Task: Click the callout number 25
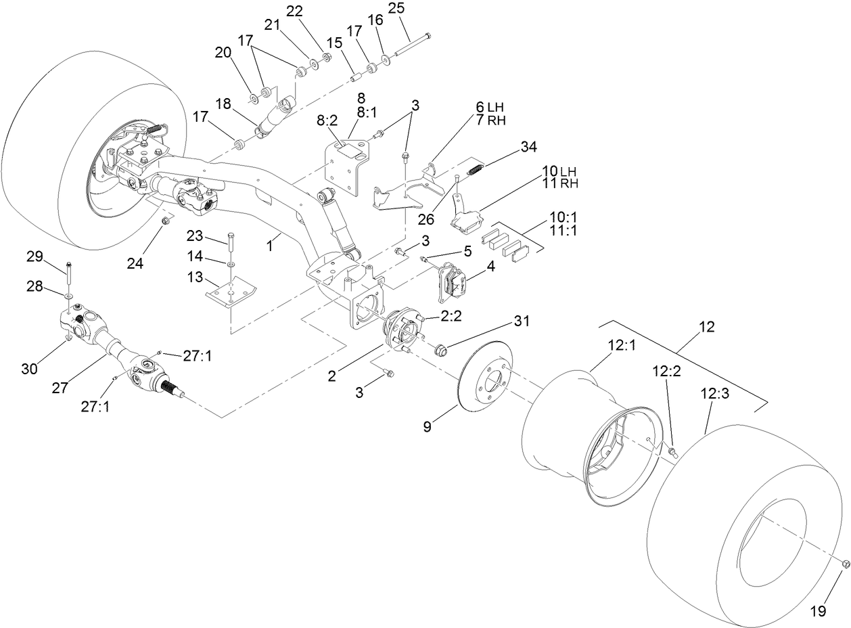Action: point(396,9)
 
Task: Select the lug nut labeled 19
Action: point(845,564)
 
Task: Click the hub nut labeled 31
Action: point(440,350)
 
